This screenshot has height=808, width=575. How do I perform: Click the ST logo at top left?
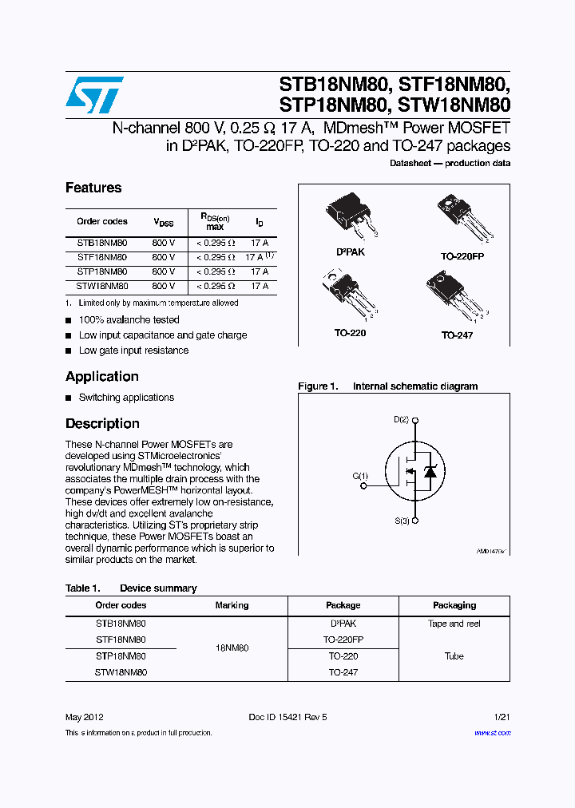(x=94, y=95)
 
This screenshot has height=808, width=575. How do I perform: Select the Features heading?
(x=93, y=188)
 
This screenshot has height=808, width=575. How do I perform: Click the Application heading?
(x=102, y=376)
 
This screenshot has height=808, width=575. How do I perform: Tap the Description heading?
(x=102, y=423)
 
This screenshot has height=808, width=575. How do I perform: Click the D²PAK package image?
(x=351, y=217)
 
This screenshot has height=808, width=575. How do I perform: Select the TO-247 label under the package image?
(x=457, y=335)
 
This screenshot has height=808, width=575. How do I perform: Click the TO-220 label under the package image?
(x=350, y=333)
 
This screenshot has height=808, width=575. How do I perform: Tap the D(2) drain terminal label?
(x=401, y=419)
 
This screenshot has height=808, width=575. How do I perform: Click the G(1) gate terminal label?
(x=361, y=477)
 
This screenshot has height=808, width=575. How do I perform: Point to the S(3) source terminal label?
(x=401, y=521)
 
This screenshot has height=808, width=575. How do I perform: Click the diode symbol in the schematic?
(x=430, y=472)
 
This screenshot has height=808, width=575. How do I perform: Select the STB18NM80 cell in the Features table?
(x=101, y=242)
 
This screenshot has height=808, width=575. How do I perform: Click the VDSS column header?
(x=163, y=222)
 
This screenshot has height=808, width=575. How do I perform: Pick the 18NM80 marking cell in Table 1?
(x=232, y=648)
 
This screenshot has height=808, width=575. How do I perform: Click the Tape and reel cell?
(x=454, y=624)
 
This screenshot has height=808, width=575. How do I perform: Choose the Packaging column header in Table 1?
(x=454, y=605)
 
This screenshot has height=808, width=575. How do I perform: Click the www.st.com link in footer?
(x=492, y=732)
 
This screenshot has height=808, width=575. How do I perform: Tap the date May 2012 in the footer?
(x=84, y=717)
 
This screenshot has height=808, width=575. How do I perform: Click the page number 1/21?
(x=502, y=717)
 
